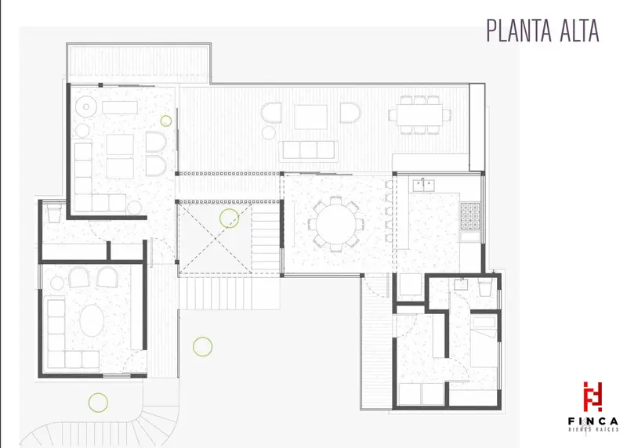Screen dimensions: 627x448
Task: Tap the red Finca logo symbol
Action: tap(593, 397)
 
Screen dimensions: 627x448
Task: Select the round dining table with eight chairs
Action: tap(336, 224)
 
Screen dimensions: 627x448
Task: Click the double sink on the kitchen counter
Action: tap(424, 185)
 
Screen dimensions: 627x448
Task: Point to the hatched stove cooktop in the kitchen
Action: tap(470, 216)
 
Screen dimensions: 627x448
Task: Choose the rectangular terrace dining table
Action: tap(420, 114)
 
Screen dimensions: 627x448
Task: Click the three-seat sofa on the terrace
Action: tap(309, 150)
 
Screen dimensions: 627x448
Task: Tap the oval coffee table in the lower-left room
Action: tap(92, 320)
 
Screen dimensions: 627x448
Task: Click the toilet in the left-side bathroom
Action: tap(54, 213)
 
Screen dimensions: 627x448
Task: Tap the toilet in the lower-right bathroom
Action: tap(484, 287)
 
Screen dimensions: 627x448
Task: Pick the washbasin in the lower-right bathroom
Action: tap(461, 284)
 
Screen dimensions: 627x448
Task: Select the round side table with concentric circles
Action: tap(86, 107)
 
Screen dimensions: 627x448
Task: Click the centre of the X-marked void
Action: tap(215, 239)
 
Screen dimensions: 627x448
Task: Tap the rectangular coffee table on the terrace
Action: tap(310, 117)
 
